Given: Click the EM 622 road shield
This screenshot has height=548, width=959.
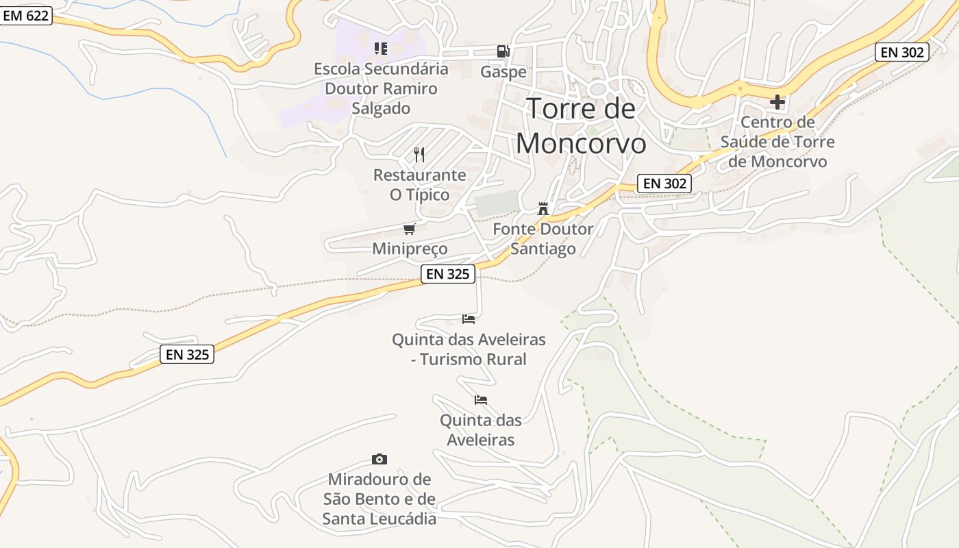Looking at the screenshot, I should point(26,16).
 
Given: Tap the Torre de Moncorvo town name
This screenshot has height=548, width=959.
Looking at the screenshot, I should point(581,126).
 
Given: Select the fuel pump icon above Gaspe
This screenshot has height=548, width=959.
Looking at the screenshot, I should point(503,51).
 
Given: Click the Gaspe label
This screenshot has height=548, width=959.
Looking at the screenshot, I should point(503,72).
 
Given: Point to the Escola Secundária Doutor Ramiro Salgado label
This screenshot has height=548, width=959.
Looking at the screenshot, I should point(381,88).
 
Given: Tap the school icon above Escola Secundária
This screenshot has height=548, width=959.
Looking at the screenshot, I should point(381,49).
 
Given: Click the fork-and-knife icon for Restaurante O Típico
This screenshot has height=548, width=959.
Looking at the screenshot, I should point(419,155).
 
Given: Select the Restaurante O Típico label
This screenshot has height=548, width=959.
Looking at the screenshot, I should point(419,185).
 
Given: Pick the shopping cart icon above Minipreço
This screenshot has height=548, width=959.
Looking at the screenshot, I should point(410,229).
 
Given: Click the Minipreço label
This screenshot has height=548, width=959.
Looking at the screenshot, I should point(410,249).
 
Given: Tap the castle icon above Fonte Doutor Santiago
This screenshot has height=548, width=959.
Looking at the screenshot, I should point(543,208).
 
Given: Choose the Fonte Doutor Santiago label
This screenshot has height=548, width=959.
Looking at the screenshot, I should point(543,238).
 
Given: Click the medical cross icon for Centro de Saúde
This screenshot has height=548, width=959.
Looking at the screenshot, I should point(777,102).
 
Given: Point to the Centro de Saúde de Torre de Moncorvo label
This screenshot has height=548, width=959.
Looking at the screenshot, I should point(777,142).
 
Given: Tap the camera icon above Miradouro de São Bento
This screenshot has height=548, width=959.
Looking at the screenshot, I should point(379,459).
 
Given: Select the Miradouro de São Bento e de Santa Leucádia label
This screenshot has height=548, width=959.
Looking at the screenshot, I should point(379,499).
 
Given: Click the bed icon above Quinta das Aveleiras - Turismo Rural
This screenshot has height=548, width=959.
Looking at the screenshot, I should point(469,319).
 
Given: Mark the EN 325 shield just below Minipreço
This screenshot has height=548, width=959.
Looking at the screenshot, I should point(448,274).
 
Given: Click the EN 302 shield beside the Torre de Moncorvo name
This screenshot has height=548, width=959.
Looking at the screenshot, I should point(664,184).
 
